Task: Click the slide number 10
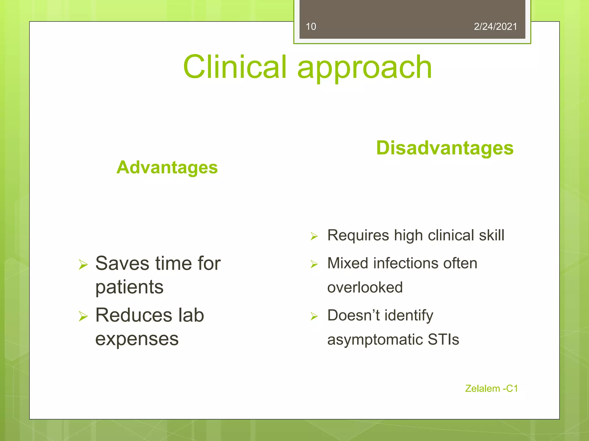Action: coord(311,27)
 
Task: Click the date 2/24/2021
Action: coord(495,27)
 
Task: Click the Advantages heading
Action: coord(167,167)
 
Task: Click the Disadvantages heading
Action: coord(445,148)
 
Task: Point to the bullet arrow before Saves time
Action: coord(83,264)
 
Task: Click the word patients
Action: coord(129,287)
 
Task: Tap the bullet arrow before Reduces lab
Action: coord(83,316)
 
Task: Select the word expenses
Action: coord(137,339)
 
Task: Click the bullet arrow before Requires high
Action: coord(314,236)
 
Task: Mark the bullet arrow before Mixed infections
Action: coord(314,264)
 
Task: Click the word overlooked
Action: coord(365,287)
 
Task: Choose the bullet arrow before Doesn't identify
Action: coord(314,316)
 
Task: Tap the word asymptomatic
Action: coord(375,340)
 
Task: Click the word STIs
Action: coord(443,339)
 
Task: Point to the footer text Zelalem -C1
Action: coord(491,388)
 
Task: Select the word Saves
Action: coord(122,263)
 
